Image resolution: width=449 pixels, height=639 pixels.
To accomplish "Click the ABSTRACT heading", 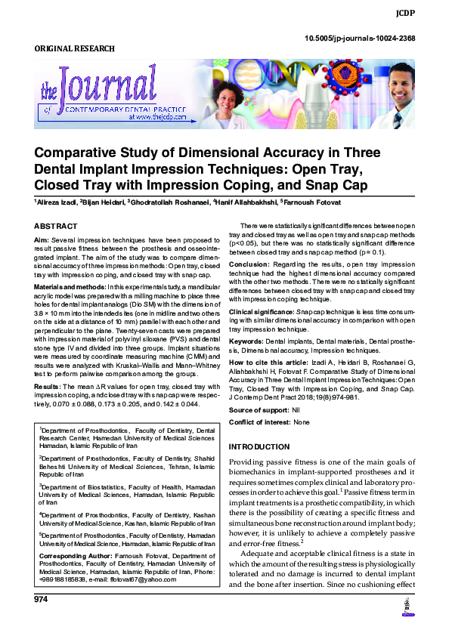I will pos(56,227).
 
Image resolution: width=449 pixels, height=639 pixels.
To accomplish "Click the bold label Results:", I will pos(46,386).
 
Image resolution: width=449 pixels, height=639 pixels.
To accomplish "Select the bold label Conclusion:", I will pos(249,264).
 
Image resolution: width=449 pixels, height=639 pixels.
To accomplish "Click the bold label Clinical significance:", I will pos(262,311).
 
